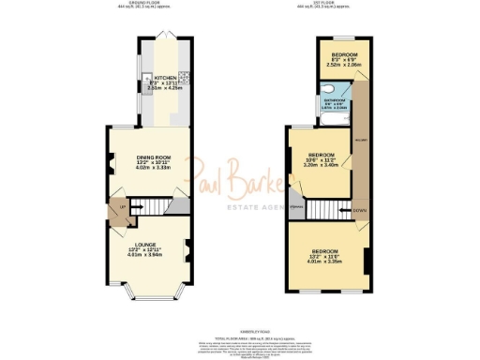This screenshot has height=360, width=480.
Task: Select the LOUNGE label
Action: click(x=144, y=245)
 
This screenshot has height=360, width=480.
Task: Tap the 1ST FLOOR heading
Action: click(x=322, y=5)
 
